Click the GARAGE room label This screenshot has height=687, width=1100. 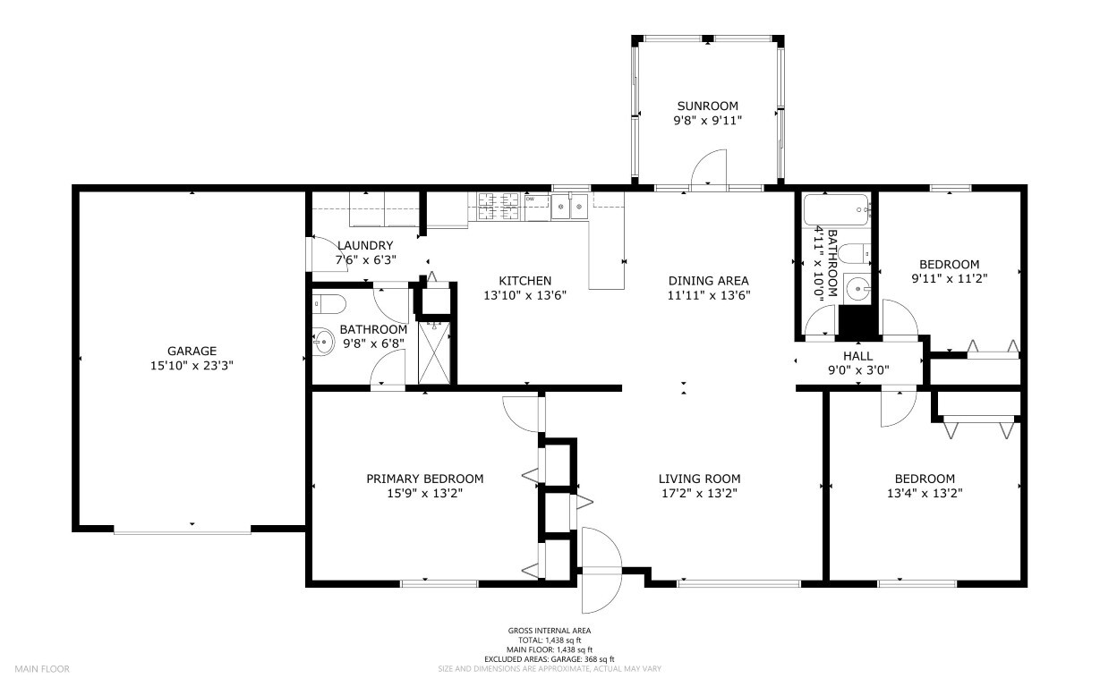(192, 351)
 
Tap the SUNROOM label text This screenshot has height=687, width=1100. (708, 106)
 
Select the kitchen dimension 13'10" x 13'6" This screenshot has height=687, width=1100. (525, 295)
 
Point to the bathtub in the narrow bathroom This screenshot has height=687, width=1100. (836, 210)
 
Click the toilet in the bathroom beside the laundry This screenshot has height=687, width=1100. (329, 304)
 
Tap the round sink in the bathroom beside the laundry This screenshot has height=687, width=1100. (324, 342)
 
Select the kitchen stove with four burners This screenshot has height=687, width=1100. (499, 206)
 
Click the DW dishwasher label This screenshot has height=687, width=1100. (530, 199)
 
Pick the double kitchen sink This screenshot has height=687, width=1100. (569, 206)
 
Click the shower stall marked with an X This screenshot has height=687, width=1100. (434, 352)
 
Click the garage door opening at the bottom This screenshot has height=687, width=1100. (183, 531)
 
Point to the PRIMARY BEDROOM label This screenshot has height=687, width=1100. (425, 479)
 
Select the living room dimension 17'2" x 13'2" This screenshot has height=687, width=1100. (699, 493)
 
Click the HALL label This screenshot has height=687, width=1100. (858, 356)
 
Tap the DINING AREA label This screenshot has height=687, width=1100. (709, 281)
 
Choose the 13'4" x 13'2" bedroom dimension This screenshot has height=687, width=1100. (925, 493)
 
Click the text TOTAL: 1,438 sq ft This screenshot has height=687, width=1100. (550, 640)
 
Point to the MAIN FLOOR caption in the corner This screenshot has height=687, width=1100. (42, 669)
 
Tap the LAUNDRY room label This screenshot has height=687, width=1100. (365, 245)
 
